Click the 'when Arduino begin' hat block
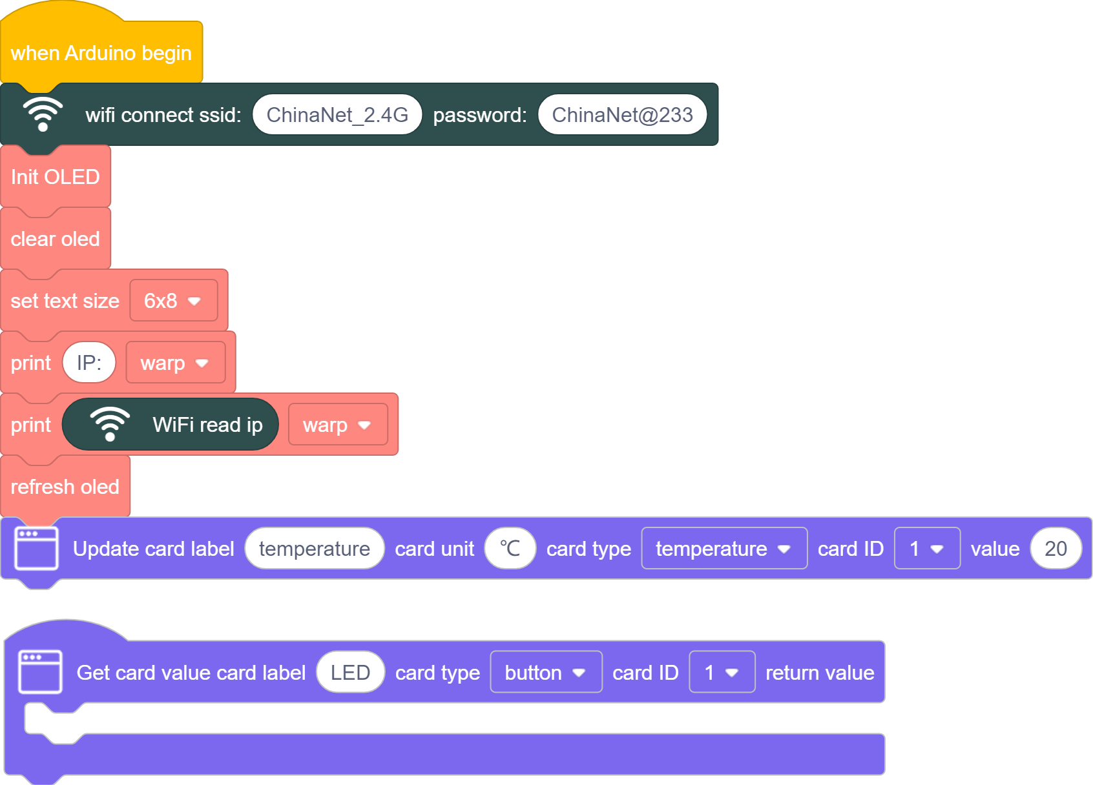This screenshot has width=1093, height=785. pos(101,53)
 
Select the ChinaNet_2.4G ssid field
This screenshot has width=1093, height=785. pos(337,114)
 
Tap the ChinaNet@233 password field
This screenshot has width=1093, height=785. pos(622,114)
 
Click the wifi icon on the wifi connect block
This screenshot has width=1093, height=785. pos(43,114)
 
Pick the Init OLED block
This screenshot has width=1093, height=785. pos(56,176)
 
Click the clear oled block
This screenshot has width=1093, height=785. pos(56,239)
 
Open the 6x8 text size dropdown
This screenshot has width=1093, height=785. pos(174,300)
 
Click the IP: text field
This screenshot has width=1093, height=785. pos(89,362)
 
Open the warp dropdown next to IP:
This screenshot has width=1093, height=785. pos(176,362)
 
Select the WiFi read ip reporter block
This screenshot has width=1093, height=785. pos(171,424)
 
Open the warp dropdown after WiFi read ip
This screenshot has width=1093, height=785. pos(338,424)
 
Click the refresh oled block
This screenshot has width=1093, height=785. pos(65,486)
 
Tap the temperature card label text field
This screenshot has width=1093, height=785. pos(315,548)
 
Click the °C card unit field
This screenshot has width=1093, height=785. pos(510,548)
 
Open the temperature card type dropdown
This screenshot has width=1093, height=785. pos(724,548)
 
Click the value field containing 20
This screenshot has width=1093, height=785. pos(1056,548)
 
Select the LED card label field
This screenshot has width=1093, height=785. pos(350,672)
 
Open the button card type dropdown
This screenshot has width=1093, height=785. pos(546,672)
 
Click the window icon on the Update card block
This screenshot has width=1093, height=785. pos(37,548)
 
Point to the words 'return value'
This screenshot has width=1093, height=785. pos(820,673)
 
